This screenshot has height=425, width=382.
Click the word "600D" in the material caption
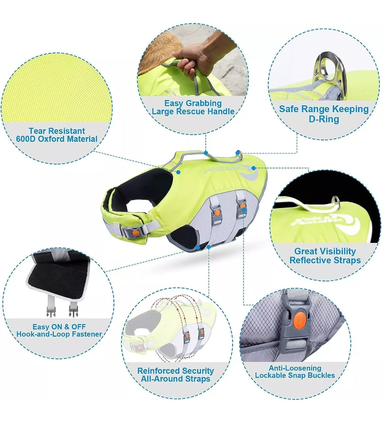[x=25, y=139]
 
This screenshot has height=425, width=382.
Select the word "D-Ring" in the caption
[x=324, y=119]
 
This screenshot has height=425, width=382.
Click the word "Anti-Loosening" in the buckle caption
[x=295, y=368]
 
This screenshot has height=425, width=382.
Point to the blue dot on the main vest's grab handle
[x=206, y=153]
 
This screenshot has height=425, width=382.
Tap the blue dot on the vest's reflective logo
[x=254, y=168]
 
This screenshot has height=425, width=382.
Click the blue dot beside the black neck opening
[x=178, y=172]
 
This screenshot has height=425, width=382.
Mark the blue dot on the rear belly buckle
[x=243, y=209]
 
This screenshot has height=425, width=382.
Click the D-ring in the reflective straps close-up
[x=335, y=201]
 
